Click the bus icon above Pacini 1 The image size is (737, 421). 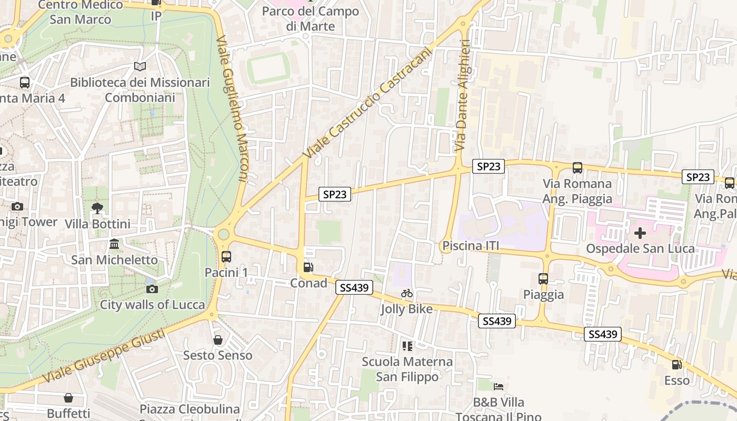(x=226, y=257)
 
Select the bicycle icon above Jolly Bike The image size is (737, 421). (x=407, y=293)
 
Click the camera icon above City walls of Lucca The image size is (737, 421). (x=152, y=289)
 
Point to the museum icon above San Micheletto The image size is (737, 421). (x=114, y=244)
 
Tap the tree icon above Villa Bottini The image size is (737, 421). (x=97, y=208)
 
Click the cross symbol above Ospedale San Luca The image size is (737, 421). (x=640, y=233)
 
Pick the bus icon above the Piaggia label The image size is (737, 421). (x=543, y=279)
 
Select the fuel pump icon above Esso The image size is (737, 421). (x=676, y=364)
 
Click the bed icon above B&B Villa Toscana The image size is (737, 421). (x=499, y=387)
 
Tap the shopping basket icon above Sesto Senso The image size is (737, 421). (x=218, y=340)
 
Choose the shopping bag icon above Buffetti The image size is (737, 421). (x=68, y=398)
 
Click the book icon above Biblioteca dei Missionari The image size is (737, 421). (x=140, y=67)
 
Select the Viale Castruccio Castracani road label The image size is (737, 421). (x=367, y=103)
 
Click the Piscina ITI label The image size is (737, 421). (x=471, y=246)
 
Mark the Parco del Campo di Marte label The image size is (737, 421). (x=311, y=18)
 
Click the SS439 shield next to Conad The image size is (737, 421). (x=354, y=287)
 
